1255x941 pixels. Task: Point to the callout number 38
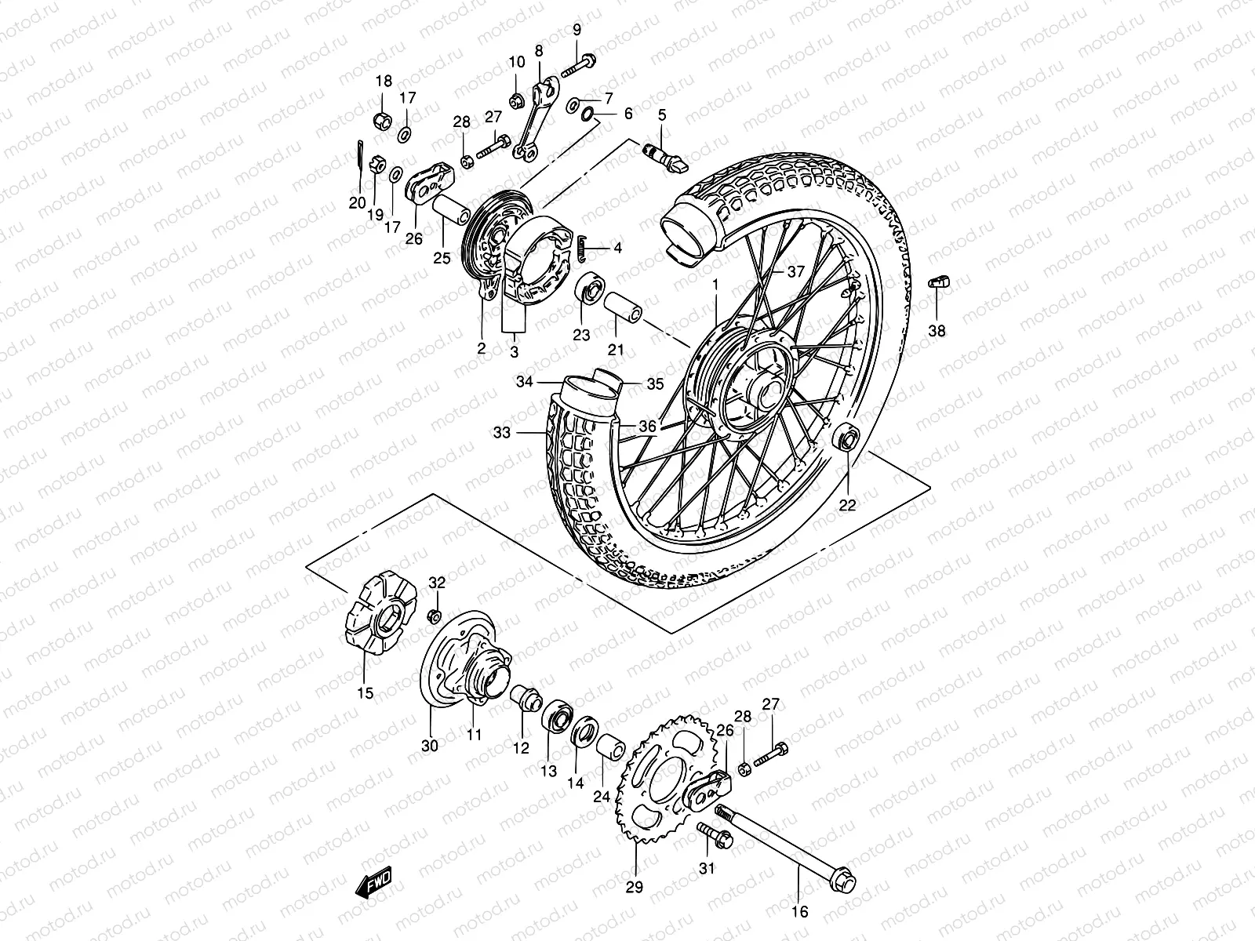click(937, 331)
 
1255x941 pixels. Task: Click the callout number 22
click(848, 506)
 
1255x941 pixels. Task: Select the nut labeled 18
click(383, 121)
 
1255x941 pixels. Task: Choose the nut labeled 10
click(516, 100)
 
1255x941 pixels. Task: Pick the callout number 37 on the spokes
click(796, 272)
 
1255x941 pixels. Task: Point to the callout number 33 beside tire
click(502, 432)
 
